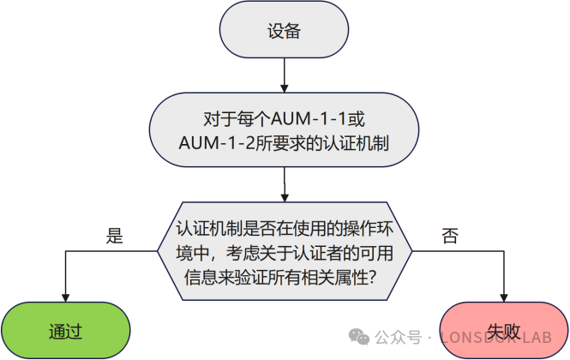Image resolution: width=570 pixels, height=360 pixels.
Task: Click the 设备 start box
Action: [x=284, y=31]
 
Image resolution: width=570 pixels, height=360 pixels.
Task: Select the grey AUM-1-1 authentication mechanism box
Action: [x=284, y=129]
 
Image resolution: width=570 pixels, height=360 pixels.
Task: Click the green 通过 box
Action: [x=65, y=330]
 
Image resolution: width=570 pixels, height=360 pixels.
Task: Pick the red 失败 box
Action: [x=503, y=330]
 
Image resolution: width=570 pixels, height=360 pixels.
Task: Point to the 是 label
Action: [x=114, y=237]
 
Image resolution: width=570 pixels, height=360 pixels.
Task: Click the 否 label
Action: [x=449, y=237]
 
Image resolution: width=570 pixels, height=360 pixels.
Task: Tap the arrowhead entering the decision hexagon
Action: [x=284, y=194]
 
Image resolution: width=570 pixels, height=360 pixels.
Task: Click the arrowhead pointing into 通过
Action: [x=65, y=297]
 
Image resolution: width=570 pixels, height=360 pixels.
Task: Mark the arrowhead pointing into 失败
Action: [x=504, y=297]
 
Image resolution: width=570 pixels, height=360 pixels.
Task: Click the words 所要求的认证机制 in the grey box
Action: [x=315, y=143]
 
